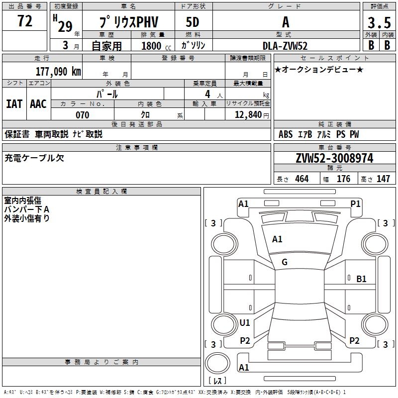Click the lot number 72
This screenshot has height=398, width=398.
point(24,21)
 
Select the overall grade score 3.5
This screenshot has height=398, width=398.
point(379,23)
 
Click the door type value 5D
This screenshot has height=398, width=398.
point(193,23)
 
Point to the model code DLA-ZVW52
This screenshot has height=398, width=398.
point(285,46)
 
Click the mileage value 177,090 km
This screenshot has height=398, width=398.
point(58,71)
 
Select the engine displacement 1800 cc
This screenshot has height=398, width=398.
point(151,46)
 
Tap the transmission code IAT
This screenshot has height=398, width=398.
point(14,104)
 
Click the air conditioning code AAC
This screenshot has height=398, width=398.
point(38,104)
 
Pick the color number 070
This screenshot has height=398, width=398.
point(82,115)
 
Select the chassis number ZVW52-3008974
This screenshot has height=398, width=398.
point(334,158)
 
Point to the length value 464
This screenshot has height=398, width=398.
point(302,179)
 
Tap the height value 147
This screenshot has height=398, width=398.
point(383,179)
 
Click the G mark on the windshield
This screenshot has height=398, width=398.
point(285,262)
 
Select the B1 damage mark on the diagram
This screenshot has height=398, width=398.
point(361,279)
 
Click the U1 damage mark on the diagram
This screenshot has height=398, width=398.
point(245,323)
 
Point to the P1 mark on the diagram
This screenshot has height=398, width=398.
point(355,203)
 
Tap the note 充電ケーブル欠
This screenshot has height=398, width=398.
point(34,158)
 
